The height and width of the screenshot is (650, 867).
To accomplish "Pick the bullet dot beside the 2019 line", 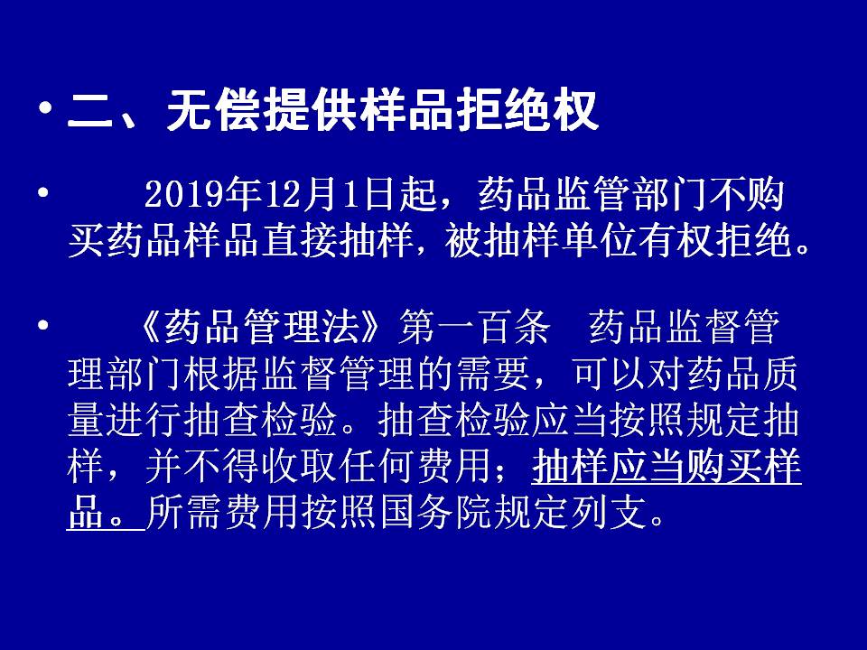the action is (x=42, y=193).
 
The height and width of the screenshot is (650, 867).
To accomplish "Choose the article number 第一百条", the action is (x=475, y=327).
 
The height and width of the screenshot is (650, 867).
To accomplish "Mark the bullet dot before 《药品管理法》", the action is (x=42, y=325).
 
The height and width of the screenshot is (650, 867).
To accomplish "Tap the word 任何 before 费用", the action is (x=377, y=467).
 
